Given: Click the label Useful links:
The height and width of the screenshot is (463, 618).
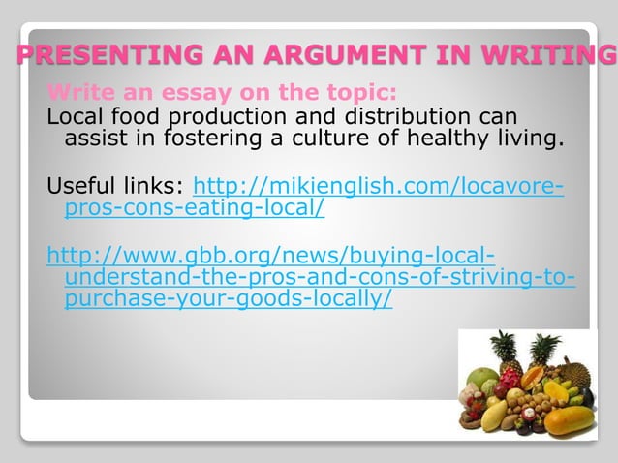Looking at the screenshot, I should click(x=116, y=185).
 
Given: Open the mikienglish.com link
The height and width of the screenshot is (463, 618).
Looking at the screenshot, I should click(x=379, y=185).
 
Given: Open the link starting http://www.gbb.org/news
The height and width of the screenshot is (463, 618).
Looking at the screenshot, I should click(x=271, y=257).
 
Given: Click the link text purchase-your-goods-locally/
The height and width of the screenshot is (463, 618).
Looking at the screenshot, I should click(x=228, y=299).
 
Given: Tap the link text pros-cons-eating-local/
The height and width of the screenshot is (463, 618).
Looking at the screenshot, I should click(x=194, y=207).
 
